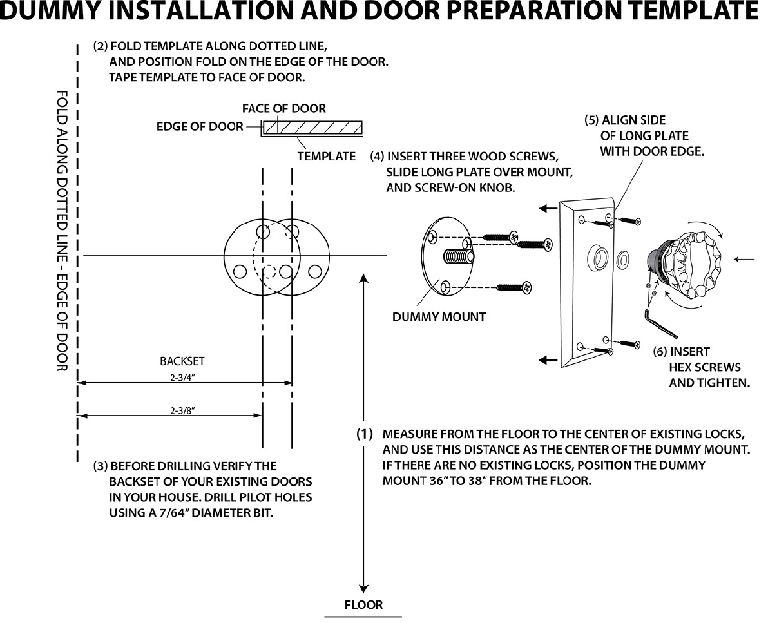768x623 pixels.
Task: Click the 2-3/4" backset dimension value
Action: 182,379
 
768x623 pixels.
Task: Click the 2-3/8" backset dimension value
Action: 182,410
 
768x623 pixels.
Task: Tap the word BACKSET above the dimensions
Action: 182,362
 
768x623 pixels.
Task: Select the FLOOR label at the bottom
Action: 363,605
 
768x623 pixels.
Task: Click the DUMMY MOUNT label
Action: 439,316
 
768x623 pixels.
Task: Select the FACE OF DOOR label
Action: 284,108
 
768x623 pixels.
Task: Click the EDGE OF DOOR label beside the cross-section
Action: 200,126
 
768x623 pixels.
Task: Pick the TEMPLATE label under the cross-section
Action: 326,156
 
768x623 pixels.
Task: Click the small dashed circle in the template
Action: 270,271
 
